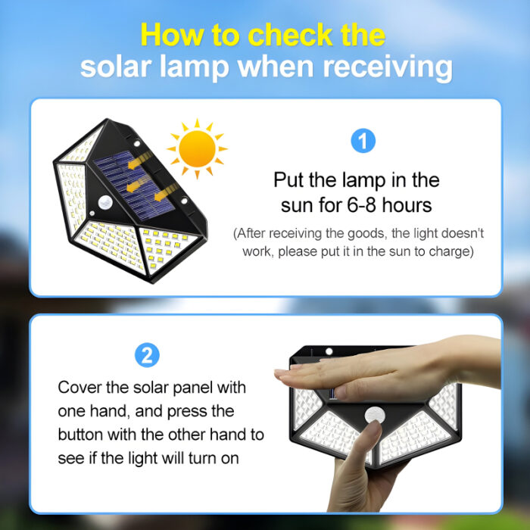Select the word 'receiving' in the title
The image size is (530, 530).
pyautogui.click(x=387, y=67)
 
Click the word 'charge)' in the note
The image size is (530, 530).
pyautogui.click(x=449, y=251)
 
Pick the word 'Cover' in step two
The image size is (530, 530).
pyautogui.click(x=81, y=388)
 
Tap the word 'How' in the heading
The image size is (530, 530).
pyautogui.click(x=169, y=35)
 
